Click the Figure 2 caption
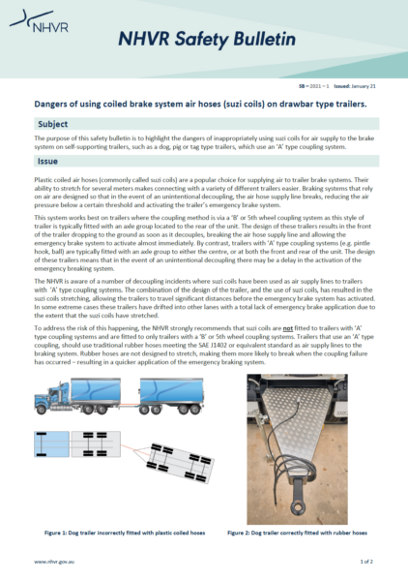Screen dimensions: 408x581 pos(296,533)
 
